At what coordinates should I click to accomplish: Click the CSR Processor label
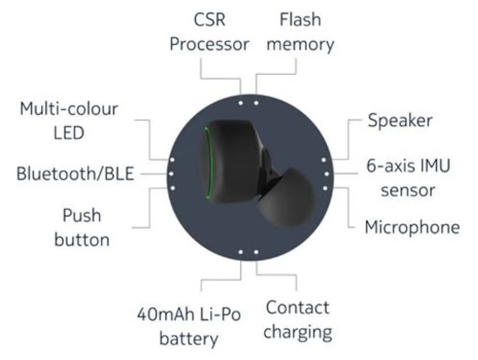[x=209, y=32]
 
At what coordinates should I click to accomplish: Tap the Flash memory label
[x=300, y=32]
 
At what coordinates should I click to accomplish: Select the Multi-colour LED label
[x=69, y=121]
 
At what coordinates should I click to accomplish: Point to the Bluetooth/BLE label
[x=75, y=174]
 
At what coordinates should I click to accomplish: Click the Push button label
[x=82, y=228]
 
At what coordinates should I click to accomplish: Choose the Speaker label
[x=400, y=120]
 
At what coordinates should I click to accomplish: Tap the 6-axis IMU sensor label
[x=408, y=178]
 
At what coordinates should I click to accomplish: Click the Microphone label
[x=412, y=227]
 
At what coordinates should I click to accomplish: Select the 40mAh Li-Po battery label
[x=189, y=326]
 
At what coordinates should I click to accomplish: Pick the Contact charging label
[x=298, y=320]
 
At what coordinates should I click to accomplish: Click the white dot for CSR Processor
[x=241, y=103]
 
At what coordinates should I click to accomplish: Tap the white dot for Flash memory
[x=256, y=103]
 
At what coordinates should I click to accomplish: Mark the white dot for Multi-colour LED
[x=172, y=159]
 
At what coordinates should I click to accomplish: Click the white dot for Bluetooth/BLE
[x=171, y=174]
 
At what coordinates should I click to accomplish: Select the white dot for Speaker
[x=323, y=160]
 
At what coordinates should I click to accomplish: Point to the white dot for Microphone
[x=325, y=188]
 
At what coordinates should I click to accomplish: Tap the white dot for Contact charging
[x=256, y=252]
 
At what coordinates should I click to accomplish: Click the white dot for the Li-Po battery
[x=241, y=252]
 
